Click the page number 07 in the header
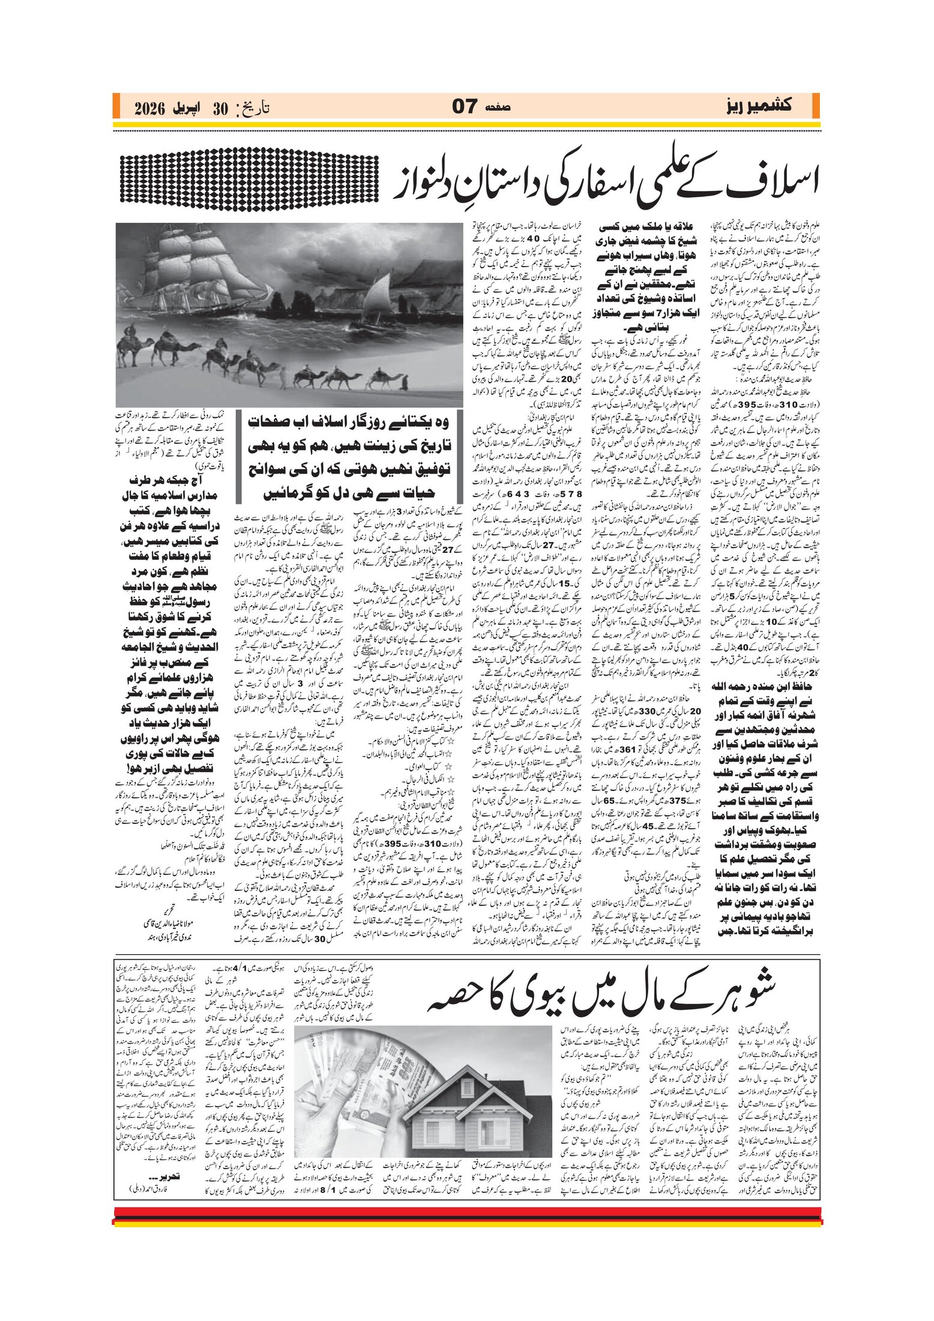[x=465, y=107]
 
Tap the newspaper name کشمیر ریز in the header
[x=758, y=106]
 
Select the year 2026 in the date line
[x=153, y=108]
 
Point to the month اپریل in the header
[x=188, y=108]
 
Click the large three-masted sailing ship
[x=198, y=282]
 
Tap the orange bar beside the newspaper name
[x=815, y=106]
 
